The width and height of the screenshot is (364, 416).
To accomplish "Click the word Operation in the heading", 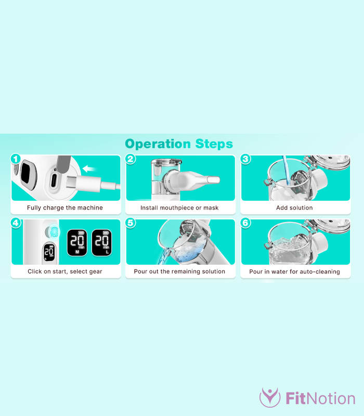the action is coord(158,144).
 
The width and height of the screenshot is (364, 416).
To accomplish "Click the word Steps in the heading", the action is coord(214,144).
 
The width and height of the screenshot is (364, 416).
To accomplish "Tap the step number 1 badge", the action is coord(16,159).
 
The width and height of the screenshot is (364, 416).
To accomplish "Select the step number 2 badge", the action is coord(131,159).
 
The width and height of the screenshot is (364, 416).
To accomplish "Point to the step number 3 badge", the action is coord(245,159).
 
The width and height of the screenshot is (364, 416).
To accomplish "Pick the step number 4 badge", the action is coord(16,223).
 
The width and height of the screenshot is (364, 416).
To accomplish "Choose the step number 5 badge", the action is coord(131,223).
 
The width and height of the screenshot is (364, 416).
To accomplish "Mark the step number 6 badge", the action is coord(245,223).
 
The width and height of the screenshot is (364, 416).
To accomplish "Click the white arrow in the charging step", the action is coord(89,168).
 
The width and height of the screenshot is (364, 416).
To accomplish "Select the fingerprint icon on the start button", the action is coord(55,231).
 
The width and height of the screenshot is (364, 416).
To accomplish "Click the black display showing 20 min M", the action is coord(77,243).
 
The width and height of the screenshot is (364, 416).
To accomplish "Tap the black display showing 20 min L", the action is coord(101,243).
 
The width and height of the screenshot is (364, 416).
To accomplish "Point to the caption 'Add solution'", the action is coord(294,207).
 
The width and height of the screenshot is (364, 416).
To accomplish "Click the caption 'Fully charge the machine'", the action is coord(64,207).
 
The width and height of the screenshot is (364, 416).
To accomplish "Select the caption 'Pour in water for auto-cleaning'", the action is coord(294,271).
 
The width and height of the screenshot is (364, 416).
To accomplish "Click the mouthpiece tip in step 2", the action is coord(214,179).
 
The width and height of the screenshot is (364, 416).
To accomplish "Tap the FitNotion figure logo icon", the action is coord(270,397).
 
